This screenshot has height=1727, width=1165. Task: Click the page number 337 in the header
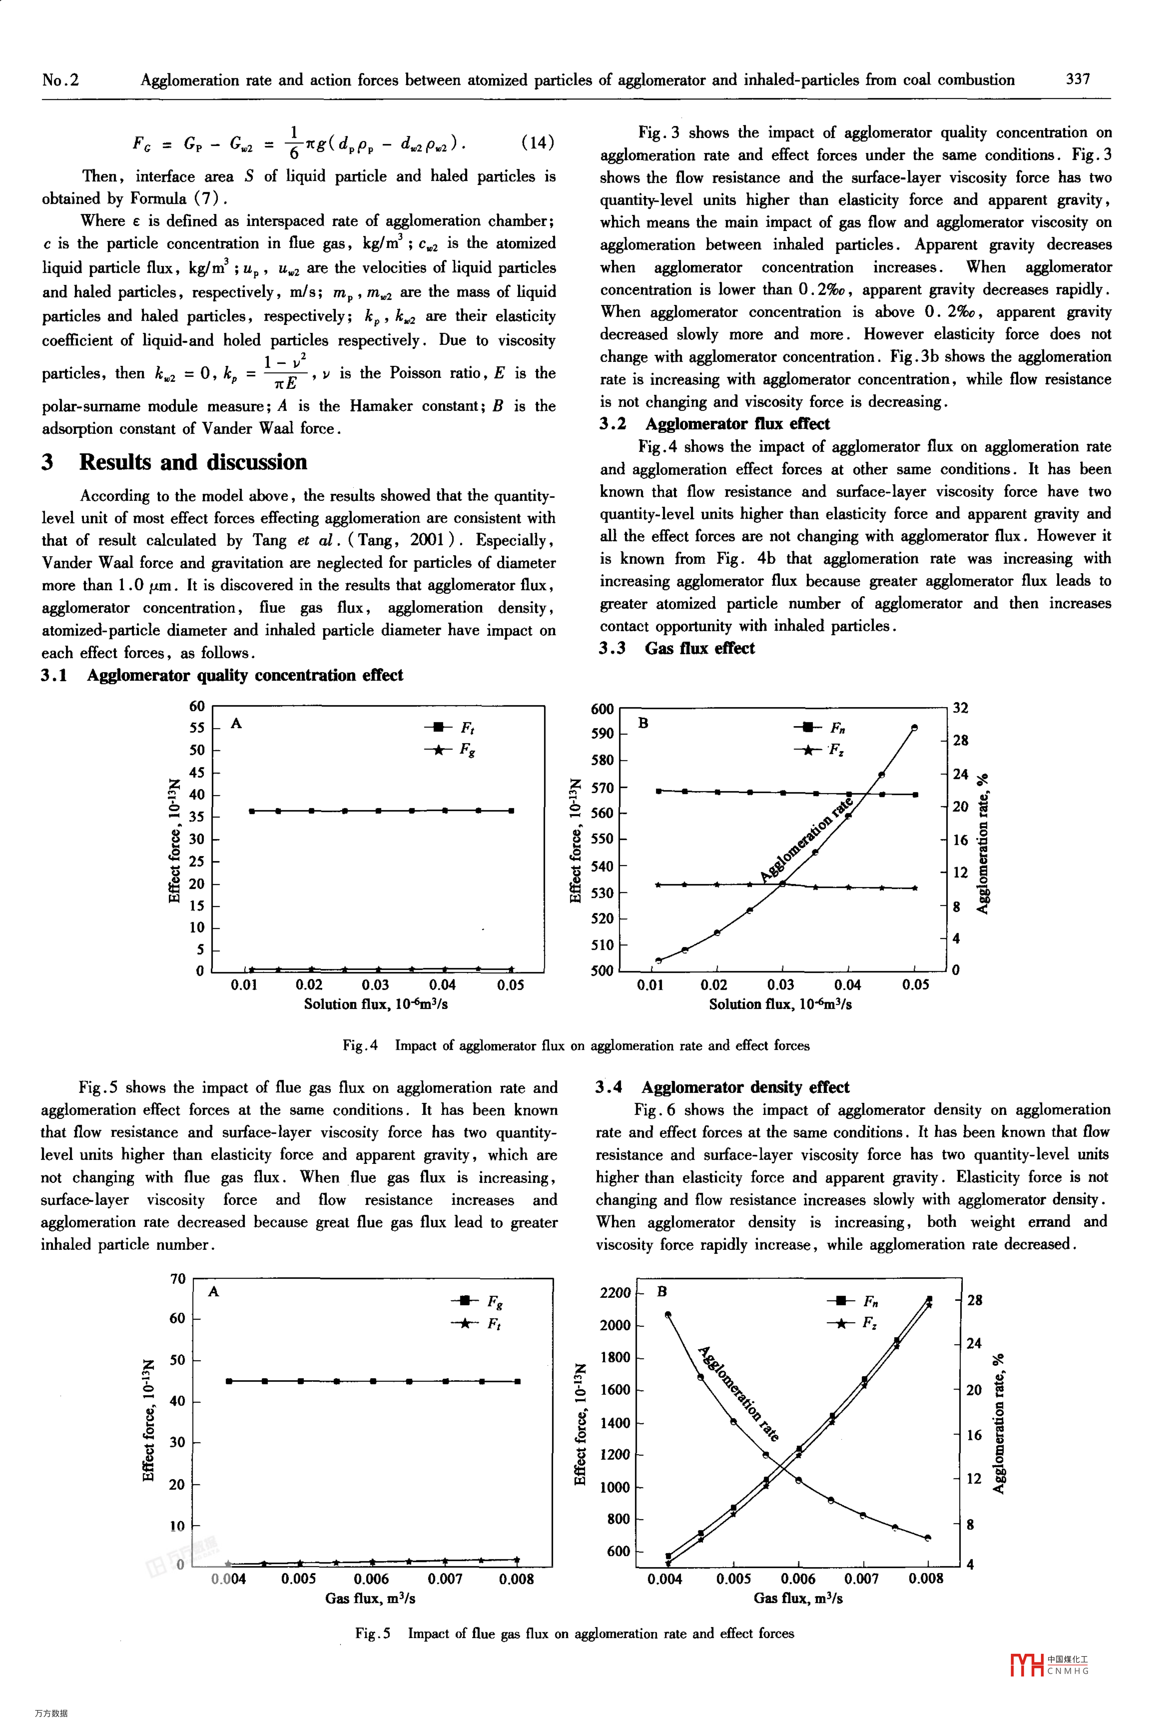coord(1078,79)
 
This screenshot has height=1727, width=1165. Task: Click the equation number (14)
coord(537,142)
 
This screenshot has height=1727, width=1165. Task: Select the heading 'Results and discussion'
coord(192,462)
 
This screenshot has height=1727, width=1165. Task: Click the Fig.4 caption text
coord(576,1046)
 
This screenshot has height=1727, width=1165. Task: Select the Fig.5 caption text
coord(574,1633)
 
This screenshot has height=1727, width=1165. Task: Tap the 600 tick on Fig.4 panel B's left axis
coord(602,709)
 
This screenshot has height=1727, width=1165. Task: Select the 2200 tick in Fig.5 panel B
coord(614,1293)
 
